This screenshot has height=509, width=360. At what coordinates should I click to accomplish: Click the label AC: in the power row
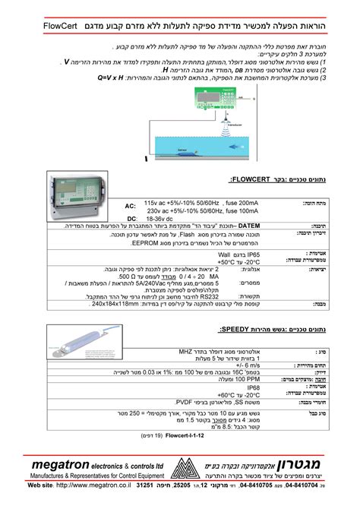click(x=131, y=206)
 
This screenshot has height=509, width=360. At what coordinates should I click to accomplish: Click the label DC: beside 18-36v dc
click(x=131, y=217)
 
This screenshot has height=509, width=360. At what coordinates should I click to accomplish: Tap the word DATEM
click(x=250, y=226)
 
